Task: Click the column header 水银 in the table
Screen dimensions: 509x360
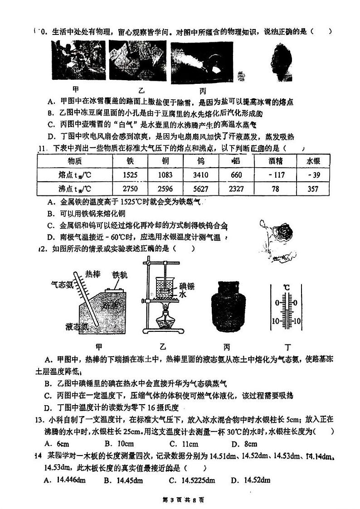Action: (x=313, y=161)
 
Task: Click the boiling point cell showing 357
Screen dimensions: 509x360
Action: (x=313, y=189)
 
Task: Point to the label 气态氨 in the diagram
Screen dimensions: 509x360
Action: (x=62, y=285)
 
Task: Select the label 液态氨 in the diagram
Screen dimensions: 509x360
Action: (x=76, y=326)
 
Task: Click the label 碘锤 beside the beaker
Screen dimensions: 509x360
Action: (x=187, y=286)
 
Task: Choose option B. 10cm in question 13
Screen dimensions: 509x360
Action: (x=118, y=444)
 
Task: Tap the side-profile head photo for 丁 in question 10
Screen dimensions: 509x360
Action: (x=280, y=63)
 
